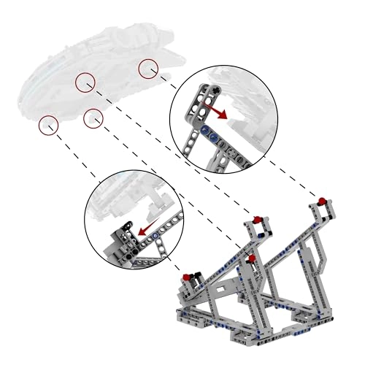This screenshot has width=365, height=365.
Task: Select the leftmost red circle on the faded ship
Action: pos(49,125)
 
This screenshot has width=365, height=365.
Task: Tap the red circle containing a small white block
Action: pos(93,118)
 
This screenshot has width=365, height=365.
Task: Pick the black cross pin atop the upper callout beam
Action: pos(216,89)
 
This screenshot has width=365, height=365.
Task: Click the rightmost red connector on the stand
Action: pos(320,201)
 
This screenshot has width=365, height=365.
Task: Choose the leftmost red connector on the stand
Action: pos(188,276)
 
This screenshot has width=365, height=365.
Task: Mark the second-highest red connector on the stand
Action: pos(257,219)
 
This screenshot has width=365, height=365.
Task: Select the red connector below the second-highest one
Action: pos(251,258)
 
